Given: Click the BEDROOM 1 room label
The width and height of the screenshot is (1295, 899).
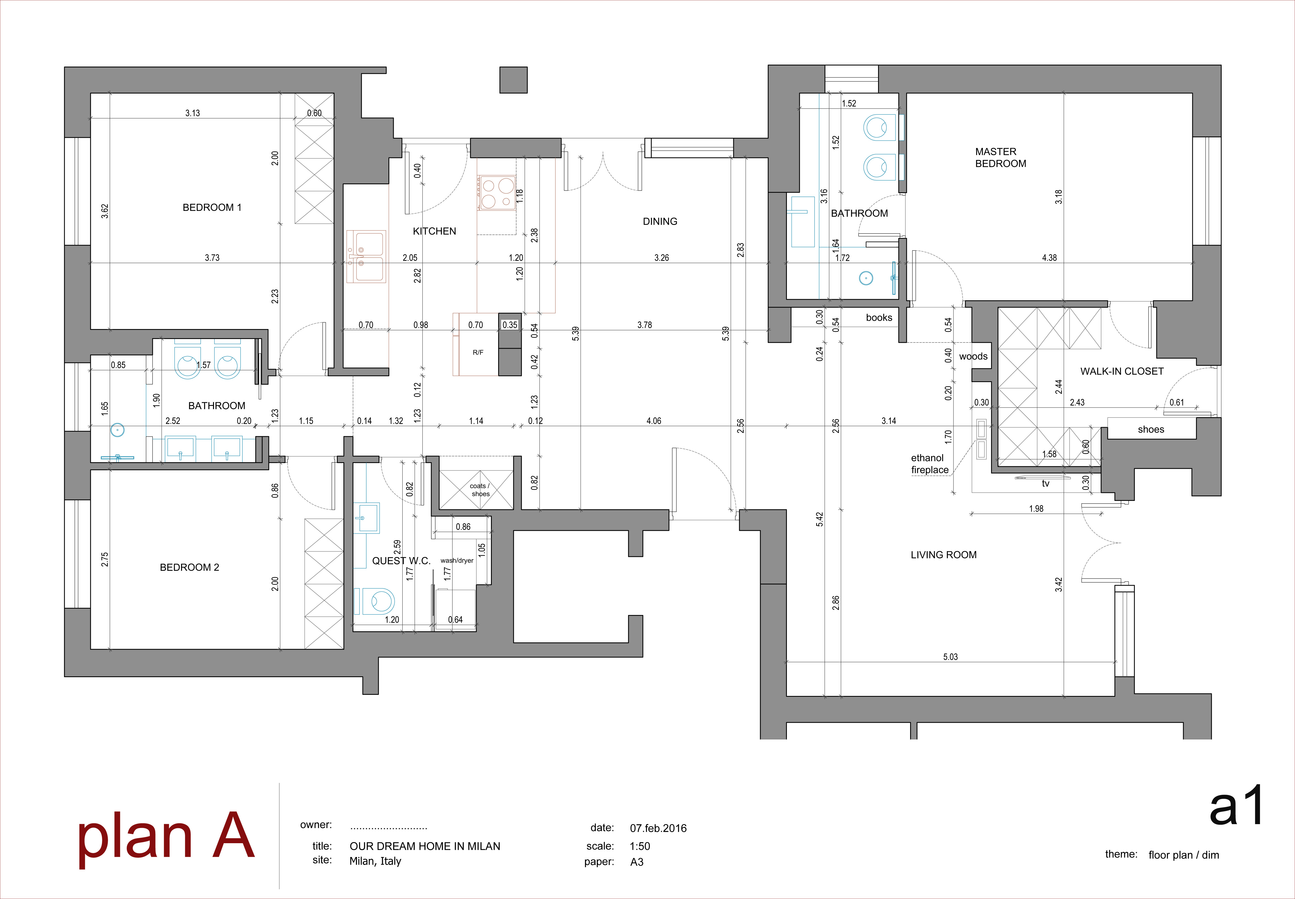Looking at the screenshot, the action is [x=212, y=207].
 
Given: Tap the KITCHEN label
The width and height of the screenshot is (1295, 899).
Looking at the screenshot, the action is [x=434, y=231].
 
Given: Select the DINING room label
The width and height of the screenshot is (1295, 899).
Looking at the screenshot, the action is [x=660, y=221].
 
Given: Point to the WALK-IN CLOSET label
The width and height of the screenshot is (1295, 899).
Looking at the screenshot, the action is [x=1121, y=371].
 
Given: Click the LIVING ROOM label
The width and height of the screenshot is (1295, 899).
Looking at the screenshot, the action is [x=944, y=555].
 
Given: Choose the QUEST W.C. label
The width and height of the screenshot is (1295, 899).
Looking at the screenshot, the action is [x=401, y=561].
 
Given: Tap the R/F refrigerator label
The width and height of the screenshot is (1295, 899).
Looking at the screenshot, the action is [x=478, y=353].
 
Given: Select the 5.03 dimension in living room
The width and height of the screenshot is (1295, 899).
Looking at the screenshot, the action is [x=950, y=657].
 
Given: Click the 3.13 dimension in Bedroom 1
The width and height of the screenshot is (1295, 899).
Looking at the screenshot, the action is [x=193, y=113].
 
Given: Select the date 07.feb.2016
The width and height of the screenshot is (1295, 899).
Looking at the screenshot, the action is [x=658, y=828].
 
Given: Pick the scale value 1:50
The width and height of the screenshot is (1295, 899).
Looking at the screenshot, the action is [x=640, y=846].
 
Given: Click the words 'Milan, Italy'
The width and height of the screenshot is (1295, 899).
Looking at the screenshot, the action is [x=375, y=861].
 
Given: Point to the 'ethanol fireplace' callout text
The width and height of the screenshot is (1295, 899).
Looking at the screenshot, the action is [x=929, y=464].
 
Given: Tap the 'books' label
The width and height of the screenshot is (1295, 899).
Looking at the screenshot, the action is [x=879, y=318].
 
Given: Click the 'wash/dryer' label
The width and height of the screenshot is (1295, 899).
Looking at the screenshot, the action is [x=457, y=561].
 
